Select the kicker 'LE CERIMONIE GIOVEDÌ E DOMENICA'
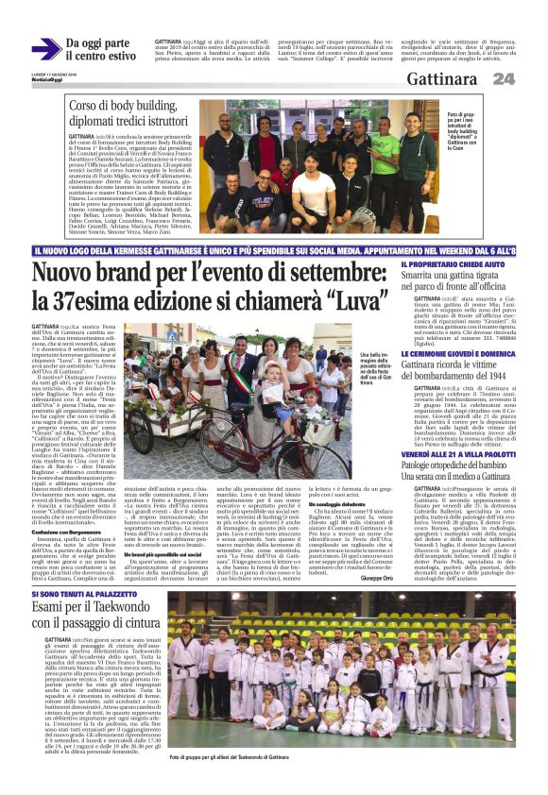457,351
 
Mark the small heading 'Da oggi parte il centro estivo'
100,50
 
